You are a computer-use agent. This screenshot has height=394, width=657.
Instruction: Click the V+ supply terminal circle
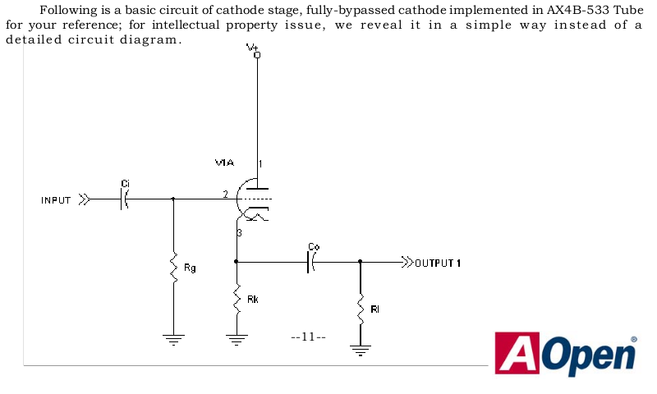click(257, 55)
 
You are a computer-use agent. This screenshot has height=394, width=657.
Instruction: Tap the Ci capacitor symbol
click(125, 199)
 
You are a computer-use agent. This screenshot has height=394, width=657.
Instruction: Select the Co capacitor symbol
click(311, 262)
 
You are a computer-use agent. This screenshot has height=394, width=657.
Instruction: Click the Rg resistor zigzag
click(173, 267)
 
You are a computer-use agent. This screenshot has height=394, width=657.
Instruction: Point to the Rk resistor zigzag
click(237, 299)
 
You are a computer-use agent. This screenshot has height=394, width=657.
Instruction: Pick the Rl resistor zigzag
click(360, 309)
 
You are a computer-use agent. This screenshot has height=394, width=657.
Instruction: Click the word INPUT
click(56, 200)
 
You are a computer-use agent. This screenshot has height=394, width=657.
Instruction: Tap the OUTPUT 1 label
click(438, 263)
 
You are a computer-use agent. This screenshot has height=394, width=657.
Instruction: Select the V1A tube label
click(224, 163)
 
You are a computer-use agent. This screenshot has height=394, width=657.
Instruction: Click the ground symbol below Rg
click(173, 339)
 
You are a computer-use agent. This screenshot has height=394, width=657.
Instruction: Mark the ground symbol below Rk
click(237, 339)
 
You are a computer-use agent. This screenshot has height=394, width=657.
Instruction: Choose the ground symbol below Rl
click(360, 350)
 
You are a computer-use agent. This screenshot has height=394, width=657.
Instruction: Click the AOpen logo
click(566, 354)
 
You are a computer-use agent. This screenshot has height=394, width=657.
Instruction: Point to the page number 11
click(308, 337)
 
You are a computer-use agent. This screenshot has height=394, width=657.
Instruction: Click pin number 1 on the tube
click(260, 163)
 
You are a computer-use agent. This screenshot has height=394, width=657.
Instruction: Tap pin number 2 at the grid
click(225, 195)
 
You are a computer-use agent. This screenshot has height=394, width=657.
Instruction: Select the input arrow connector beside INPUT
click(85, 199)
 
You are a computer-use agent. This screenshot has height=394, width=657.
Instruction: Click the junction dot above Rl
click(360, 262)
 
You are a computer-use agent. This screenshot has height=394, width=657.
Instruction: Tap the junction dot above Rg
click(173, 199)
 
